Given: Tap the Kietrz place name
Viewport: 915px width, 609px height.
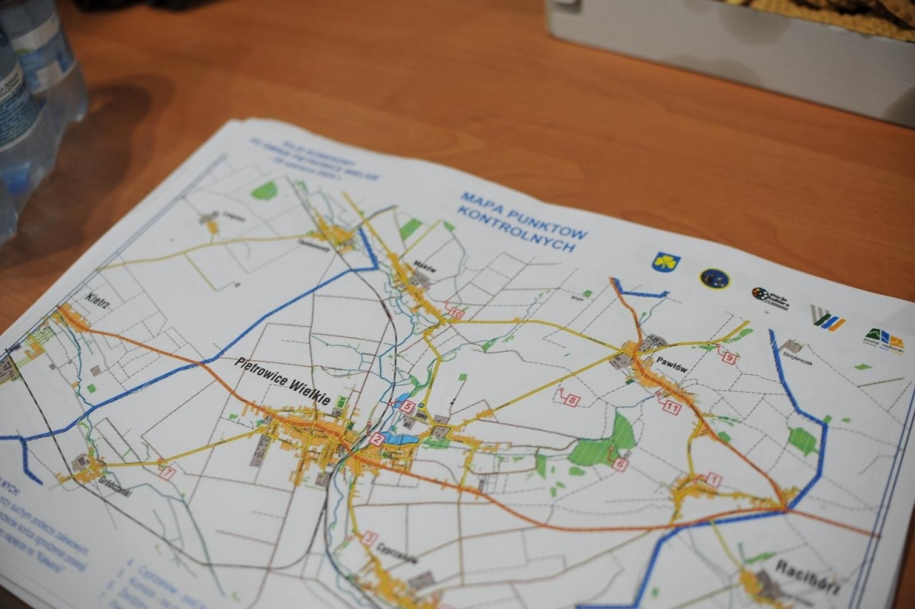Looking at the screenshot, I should click(x=97, y=301).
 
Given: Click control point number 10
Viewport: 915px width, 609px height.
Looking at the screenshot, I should click(x=456, y=313).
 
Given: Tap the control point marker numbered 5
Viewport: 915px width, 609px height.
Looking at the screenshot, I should click(x=408, y=407).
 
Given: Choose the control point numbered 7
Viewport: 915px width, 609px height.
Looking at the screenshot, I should click(x=166, y=473).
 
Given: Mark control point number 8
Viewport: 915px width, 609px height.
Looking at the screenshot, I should click(x=572, y=401).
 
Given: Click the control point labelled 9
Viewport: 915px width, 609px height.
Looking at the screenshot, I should click(x=729, y=359).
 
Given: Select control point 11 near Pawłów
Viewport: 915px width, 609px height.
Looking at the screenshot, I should click(x=671, y=408).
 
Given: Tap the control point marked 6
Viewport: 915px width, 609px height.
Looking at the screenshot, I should click(x=620, y=465).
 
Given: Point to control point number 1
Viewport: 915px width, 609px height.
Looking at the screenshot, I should click(x=713, y=479).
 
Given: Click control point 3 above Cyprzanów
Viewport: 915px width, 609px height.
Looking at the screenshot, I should click(x=371, y=538).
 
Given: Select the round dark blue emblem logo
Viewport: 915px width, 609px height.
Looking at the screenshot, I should click(x=714, y=278).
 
